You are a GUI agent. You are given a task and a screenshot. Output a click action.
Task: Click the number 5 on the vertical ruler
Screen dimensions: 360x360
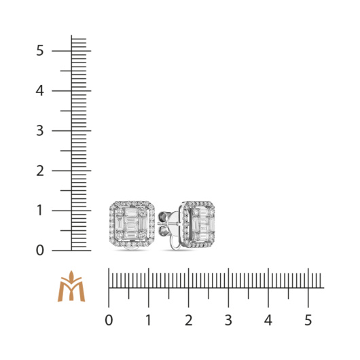[39, 50]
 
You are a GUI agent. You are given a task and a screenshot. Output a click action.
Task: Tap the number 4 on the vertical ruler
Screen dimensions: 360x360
[39, 91]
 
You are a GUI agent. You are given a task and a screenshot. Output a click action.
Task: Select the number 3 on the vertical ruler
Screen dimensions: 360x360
[39, 130]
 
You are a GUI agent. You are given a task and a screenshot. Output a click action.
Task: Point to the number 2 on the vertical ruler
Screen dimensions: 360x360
[39, 170]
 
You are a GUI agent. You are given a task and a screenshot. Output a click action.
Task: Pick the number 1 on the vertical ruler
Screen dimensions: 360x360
[39, 211]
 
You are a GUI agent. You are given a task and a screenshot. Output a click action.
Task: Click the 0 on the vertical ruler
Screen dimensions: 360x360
[39, 251]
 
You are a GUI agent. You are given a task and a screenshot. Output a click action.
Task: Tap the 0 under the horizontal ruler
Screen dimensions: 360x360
[109, 321]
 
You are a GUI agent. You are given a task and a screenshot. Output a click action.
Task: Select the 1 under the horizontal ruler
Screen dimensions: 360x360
[149, 321]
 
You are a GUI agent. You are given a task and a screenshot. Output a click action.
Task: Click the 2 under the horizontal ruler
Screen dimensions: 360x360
[189, 321]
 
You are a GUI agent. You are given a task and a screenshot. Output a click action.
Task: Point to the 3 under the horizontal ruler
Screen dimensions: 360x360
[228, 321]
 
